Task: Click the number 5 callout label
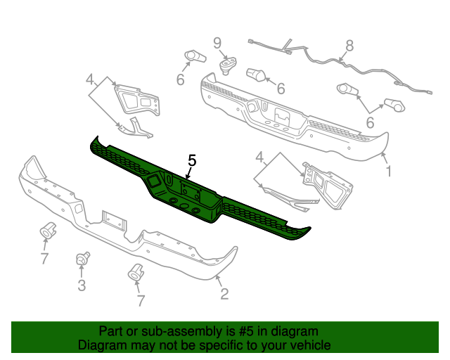192,161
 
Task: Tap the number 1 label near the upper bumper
389,170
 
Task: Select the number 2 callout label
224,294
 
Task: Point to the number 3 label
82,285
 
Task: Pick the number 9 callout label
217,42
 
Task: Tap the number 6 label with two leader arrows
369,121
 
